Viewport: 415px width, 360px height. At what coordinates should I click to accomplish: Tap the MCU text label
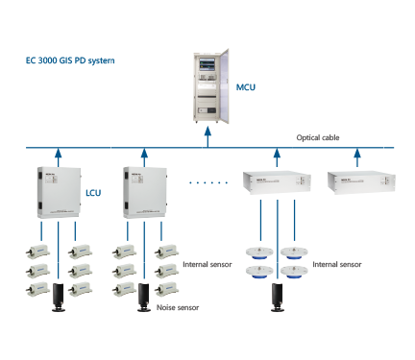(246, 87)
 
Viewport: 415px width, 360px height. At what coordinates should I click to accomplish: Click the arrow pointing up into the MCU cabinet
(209, 138)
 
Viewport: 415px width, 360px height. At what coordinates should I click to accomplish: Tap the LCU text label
(93, 193)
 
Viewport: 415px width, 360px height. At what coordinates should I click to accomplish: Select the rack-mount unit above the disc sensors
(277, 183)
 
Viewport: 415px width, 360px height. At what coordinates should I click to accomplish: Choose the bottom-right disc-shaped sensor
(294, 271)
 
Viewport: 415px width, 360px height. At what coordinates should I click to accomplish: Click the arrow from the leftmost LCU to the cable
(56, 156)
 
